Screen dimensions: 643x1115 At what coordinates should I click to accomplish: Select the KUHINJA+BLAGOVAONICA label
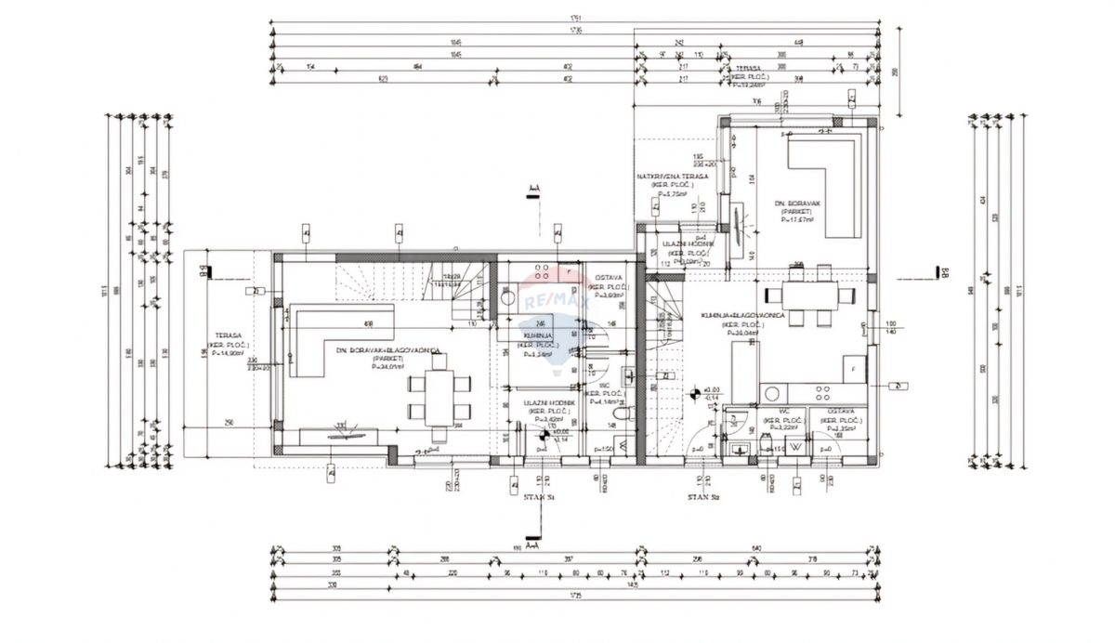click(x=744, y=318)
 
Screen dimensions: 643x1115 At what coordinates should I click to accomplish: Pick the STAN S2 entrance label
click(x=704, y=498)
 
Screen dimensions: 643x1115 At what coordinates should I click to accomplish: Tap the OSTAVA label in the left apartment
click(x=609, y=278)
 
